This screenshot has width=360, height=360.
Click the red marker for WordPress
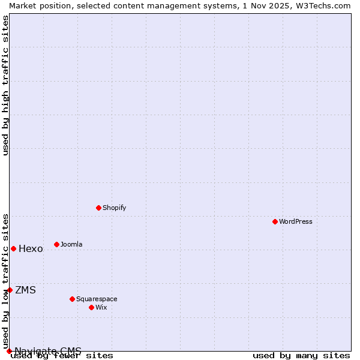pyautogui.click(x=275, y=221)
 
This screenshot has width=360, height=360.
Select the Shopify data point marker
pyautogui.click(x=98, y=208)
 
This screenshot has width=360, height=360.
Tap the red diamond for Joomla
pyautogui.click(x=56, y=244)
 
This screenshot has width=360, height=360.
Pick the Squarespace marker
pyautogui.click(x=72, y=299)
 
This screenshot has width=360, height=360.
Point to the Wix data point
pyautogui.click(x=91, y=307)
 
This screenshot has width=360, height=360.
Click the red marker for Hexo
pyautogui.click(x=13, y=248)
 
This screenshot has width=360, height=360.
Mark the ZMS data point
pyautogui.click(x=10, y=290)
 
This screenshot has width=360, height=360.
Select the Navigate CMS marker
pyautogui.click(x=9, y=351)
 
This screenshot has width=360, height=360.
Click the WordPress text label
pyautogui.click(x=296, y=221)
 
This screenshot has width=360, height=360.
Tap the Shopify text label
pyautogui.click(x=115, y=208)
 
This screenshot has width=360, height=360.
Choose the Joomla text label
pyautogui.click(x=72, y=244)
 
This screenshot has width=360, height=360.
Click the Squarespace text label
pyautogui.click(x=97, y=299)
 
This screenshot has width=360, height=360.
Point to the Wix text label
pyautogui.click(x=101, y=307)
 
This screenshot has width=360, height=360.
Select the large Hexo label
pyautogui.click(x=31, y=249)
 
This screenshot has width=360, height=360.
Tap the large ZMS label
pyautogui.click(x=25, y=290)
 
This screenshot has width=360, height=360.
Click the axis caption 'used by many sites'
pyautogui.click(x=301, y=356)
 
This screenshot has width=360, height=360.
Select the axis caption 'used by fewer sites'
pyautogui.click(x=62, y=356)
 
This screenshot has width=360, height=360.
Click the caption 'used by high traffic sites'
pyautogui.click(x=5, y=85)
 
